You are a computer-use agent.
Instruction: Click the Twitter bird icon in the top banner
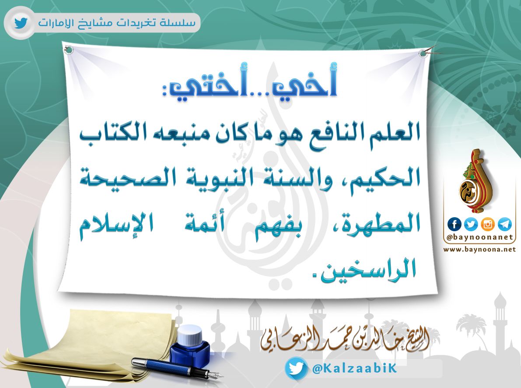tap(21, 24)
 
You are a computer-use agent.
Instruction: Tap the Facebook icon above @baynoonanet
tap(455, 224)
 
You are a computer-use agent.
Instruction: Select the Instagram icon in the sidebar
tap(488, 224)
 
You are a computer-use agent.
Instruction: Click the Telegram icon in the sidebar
tap(504, 224)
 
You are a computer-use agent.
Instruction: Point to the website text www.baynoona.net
tap(479, 249)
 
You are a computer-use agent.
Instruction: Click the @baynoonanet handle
tap(480, 237)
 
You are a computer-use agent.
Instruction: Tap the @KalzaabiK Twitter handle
tap(354, 368)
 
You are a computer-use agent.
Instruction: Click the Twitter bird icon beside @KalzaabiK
tap(296, 368)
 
